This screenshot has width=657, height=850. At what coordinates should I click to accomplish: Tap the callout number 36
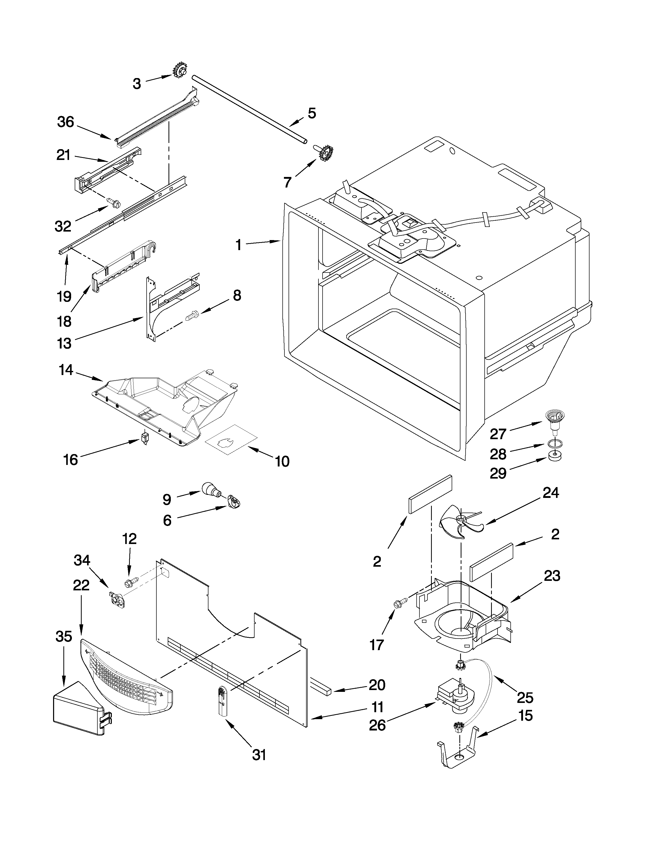65,122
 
